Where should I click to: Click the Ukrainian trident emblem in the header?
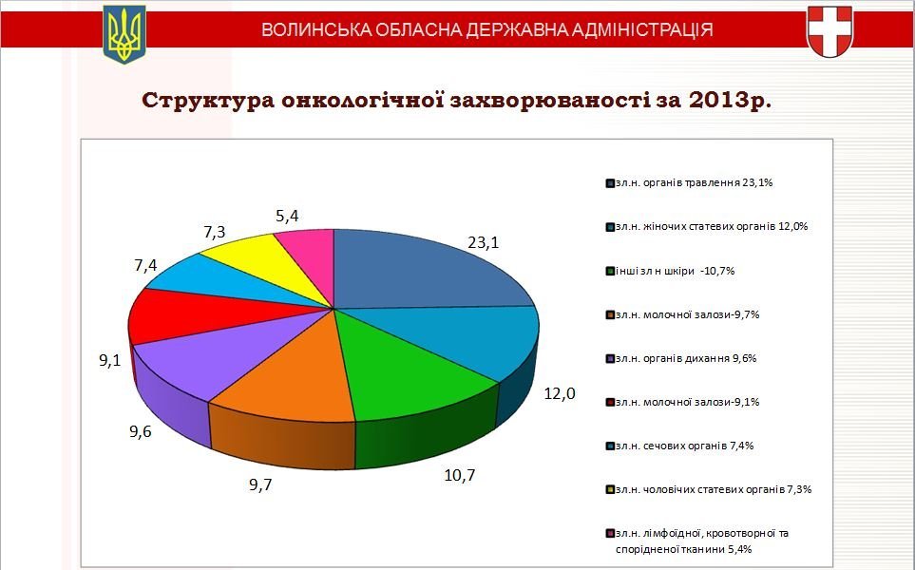pos(124,34)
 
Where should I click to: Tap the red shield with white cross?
pos(829,31)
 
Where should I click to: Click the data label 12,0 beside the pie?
pos(560,394)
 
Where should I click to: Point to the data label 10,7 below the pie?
pos(460,476)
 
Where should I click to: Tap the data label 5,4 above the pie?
pos(287,216)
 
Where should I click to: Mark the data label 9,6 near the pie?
pos(141,431)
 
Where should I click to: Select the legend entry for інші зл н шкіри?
pos(671,271)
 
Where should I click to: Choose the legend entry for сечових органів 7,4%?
pos(679,446)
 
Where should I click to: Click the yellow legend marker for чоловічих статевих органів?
pos(610,489)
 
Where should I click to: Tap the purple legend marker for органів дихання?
pos(610,358)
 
